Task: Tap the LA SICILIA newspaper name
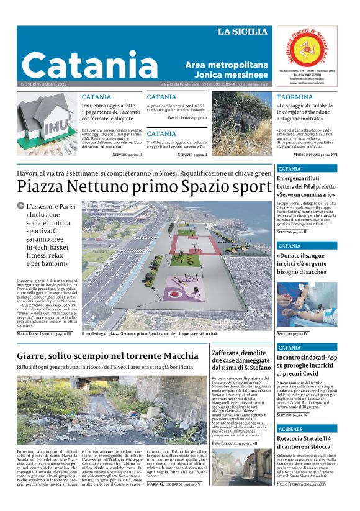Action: [x=242, y=32]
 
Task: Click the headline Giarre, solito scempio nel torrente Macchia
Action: [x=108, y=356]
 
